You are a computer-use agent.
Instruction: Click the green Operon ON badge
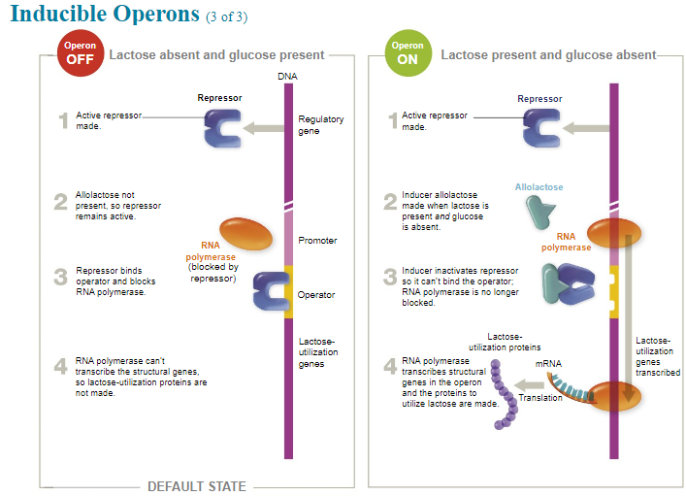point(407,52)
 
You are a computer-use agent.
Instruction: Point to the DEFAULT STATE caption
point(196,486)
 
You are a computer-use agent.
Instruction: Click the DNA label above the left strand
point(287,75)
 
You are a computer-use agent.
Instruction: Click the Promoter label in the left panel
point(318,240)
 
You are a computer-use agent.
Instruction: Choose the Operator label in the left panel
point(316,294)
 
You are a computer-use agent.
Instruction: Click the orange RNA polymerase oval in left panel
point(247,234)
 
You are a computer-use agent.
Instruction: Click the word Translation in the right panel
point(540,398)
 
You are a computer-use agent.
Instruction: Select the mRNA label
point(548,364)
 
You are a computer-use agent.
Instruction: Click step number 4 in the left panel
point(61,366)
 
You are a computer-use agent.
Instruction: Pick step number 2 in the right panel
point(390,201)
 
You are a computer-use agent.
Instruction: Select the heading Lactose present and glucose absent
point(548,55)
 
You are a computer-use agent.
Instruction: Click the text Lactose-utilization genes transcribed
point(658,356)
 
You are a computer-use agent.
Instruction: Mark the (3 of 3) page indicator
point(228,17)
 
